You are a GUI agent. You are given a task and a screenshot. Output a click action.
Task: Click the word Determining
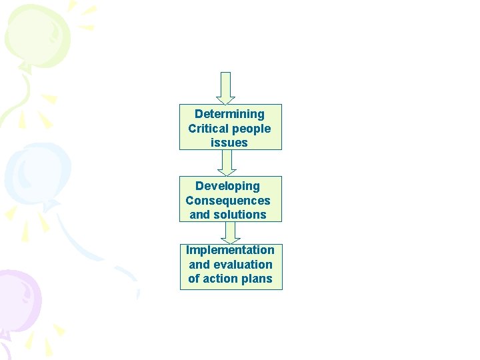click(229, 115)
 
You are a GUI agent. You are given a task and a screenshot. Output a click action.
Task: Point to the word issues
click(229, 143)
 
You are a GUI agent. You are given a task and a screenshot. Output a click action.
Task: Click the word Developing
click(227, 186)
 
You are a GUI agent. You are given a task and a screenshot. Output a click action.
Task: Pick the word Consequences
click(228, 201)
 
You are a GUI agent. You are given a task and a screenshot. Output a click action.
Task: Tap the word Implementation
click(230, 250)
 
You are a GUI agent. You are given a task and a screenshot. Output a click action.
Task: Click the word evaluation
click(243, 265)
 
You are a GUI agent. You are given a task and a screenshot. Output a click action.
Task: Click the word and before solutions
click(200, 215)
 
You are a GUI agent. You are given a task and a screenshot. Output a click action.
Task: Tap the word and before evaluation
click(199, 265)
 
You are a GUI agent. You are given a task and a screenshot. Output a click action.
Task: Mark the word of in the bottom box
click(194, 279)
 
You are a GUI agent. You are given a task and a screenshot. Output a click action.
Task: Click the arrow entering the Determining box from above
click(226, 88)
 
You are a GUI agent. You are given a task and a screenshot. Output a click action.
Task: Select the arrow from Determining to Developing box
click(227, 163)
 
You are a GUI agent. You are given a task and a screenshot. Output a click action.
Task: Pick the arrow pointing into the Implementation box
click(231, 232)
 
